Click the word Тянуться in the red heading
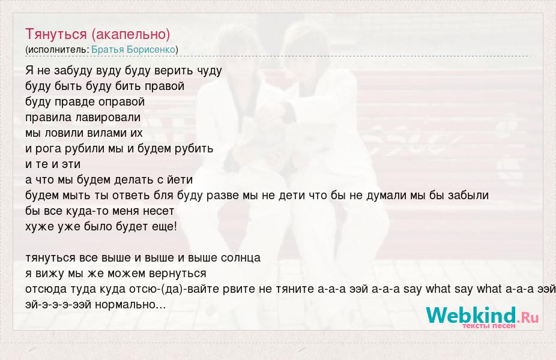[x=56, y=34]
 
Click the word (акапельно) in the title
[x=131, y=34]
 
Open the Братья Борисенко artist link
[x=133, y=50]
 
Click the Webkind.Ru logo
[x=482, y=316]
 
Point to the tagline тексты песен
[x=489, y=326]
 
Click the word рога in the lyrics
[x=48, y=149]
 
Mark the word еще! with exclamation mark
[x=164, y=227]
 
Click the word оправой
[x=122, y=102]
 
